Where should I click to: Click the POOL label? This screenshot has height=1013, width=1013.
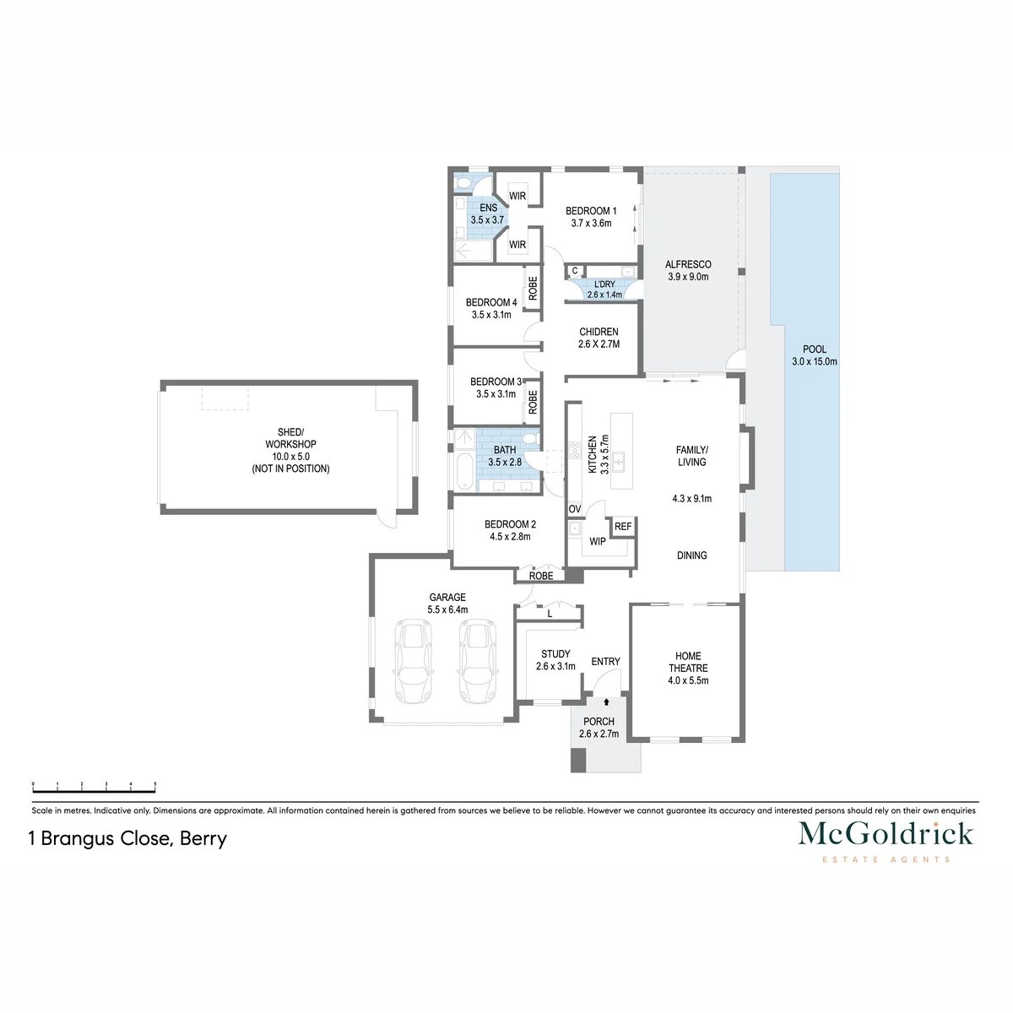tap(815, 349)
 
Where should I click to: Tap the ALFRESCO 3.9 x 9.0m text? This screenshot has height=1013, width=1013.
tap(688, 270)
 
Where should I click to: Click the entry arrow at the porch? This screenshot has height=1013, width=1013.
tap(606, 702)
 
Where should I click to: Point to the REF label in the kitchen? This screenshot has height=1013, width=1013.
tap(623, 526)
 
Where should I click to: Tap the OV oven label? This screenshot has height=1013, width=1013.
tap(575, 509)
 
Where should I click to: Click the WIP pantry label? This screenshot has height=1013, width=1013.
tap(597, 541)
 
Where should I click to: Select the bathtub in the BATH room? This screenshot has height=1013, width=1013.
tap(464, 472)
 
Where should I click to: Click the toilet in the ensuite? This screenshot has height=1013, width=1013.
tap(463, 183)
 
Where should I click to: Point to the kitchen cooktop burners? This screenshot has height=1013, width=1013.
tap(575, 451)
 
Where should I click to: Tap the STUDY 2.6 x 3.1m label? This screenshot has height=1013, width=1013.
tap(555, 660)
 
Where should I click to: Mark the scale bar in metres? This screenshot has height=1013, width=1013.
tap(94, 787)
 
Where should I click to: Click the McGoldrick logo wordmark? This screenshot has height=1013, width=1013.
tap(886, 834)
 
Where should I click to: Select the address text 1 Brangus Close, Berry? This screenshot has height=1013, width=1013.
tap(127, 838)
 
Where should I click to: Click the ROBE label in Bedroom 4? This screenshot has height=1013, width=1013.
tap(533, 288)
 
